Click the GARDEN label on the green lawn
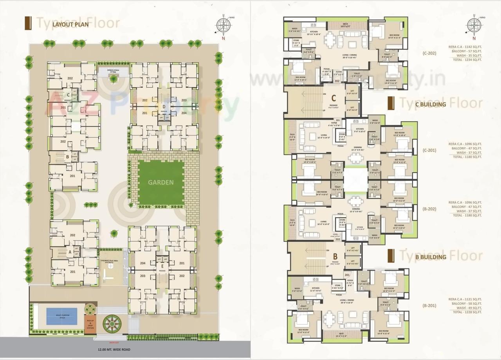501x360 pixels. [x=160, y=182]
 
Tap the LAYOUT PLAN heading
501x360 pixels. [x=71, y=23]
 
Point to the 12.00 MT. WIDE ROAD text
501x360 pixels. [x=114, y=349]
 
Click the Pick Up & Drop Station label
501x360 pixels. [x=90, y=323]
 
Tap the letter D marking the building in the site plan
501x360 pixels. [x=164, y=106]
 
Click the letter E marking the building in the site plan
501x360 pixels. [x=162, y=266]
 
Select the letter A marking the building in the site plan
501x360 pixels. [x=70, y=252]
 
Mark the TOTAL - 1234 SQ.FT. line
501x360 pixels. [x=465, y=60]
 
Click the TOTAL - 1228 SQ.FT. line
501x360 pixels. [x=465, y=312]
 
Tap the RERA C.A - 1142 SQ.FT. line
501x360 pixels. [x=465, y=47]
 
